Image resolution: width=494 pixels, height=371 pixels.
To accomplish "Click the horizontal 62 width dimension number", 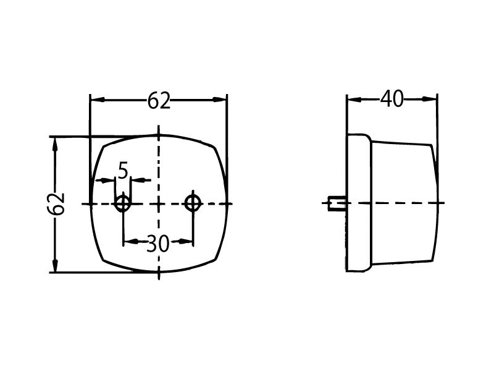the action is pos(159,101).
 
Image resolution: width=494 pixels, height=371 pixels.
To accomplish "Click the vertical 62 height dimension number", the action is pos(56,204).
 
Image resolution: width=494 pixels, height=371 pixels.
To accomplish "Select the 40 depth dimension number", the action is pos(391,99).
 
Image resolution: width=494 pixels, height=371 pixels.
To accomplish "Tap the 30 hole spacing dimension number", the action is pos(158,244).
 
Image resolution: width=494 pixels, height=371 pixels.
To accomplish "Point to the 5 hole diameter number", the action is pos(123,171).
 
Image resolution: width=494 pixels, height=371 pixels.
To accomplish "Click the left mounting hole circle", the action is pos(122,203).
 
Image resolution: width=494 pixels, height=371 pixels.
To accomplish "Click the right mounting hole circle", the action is pos(193,203).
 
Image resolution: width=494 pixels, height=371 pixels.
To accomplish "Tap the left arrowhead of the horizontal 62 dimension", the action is pos(97,100).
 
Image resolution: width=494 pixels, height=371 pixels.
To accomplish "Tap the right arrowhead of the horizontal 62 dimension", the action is pos(220,100).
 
